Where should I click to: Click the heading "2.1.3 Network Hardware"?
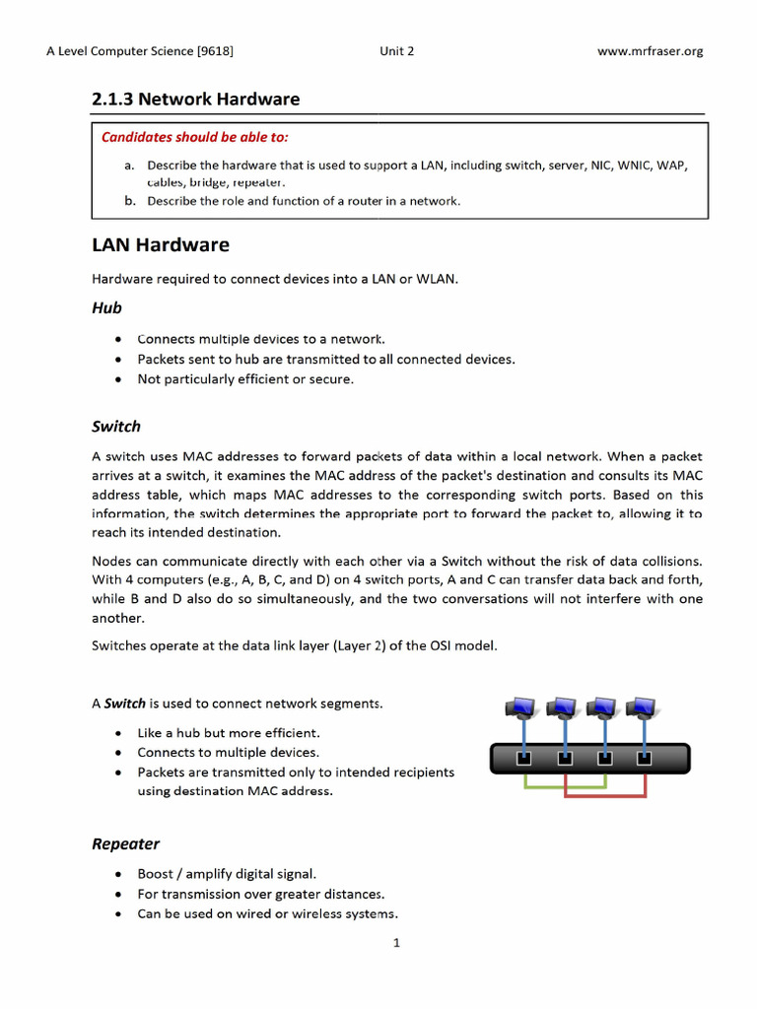(x=195, y=100)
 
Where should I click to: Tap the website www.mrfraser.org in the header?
(x=650, y=51)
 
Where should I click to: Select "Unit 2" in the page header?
(x=396, y=51)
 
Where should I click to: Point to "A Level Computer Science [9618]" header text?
(x=140, y=51)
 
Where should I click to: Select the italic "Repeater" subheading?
(x=125, y=843)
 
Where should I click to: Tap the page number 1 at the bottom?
(x=396, y=943)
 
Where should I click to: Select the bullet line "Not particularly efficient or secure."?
(x=244, y=379)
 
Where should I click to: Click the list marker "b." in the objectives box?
(x=130, y=201)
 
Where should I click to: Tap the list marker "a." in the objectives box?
(x=130, y=165)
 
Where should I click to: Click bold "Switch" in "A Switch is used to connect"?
(x=125, y=704)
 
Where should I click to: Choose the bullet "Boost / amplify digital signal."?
(x=227, y=874)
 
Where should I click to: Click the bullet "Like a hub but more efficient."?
(x=229, y=733)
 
